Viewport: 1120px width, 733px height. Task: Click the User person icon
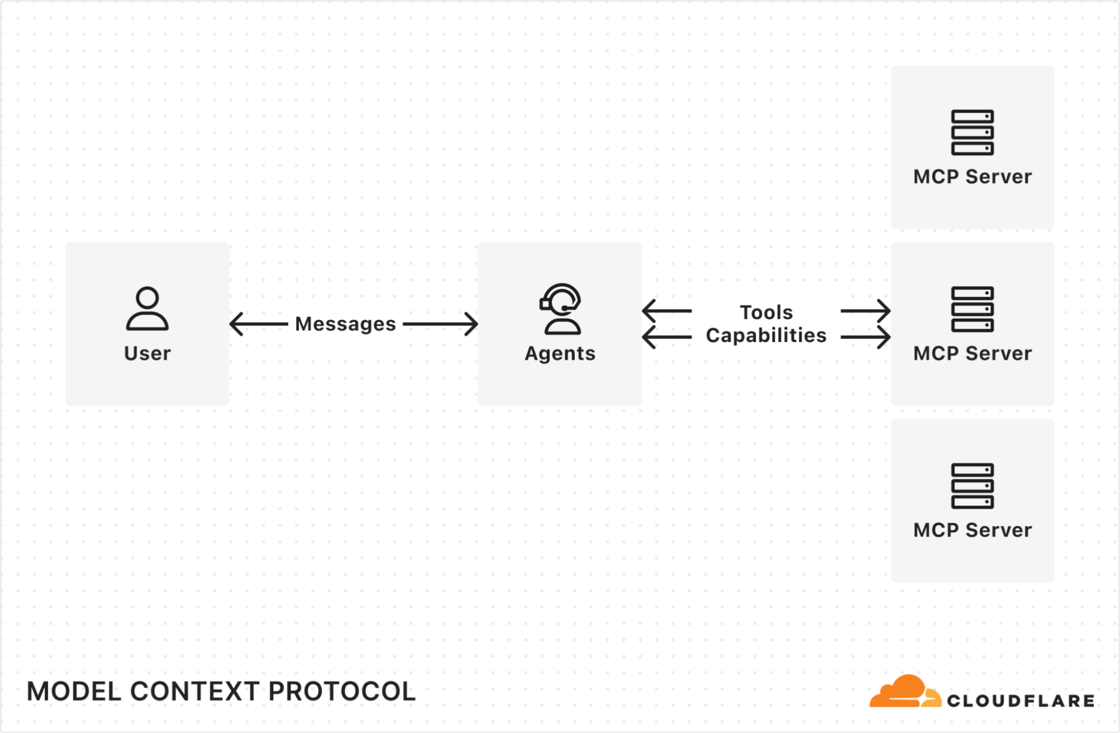click(147, 309)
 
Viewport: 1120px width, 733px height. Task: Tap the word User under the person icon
click(147, 353)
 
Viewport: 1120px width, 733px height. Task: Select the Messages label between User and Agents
click(345, 324)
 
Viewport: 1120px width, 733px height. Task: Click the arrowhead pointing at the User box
click(236, 324)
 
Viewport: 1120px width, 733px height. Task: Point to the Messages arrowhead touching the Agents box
click(471, 324)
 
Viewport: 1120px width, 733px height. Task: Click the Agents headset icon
click(560, 309)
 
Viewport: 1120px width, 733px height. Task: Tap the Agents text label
click(560, 353)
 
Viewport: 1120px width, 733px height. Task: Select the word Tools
click(766, 312)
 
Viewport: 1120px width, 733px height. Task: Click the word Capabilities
click(766, 335)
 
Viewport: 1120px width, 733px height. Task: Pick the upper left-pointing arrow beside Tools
click(666, 311)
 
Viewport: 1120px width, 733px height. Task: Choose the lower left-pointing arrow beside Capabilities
click(666, 337)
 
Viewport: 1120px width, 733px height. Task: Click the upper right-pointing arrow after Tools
click(866, 311)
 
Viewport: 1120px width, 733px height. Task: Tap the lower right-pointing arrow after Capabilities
click(866, 337)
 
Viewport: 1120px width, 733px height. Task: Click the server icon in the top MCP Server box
click(972, 132)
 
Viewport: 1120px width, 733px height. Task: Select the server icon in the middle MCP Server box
click(972, 309)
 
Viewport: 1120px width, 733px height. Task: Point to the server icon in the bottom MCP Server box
click(972, 485)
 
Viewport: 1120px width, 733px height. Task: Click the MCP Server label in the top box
click(972, 177)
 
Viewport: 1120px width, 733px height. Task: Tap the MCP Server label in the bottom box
click(972, 530)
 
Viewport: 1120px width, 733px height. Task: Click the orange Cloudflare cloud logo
click(904, 692)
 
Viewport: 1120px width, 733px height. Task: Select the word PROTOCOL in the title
click(342, 692)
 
